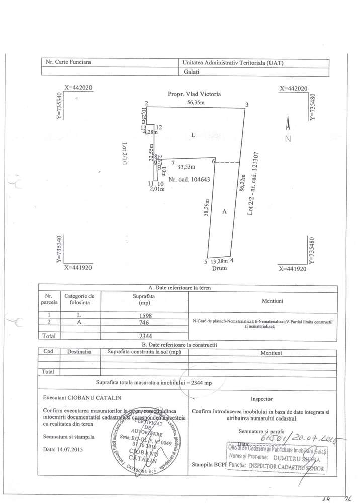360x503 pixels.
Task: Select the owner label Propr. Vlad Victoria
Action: pos(194,94)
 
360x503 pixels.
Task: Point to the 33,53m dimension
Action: pos(187,167)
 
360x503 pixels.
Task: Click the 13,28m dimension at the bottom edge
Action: pos(219,261)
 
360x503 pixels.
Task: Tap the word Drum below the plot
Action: pos(219,268)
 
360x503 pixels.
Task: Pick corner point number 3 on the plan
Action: pos(247,105)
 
